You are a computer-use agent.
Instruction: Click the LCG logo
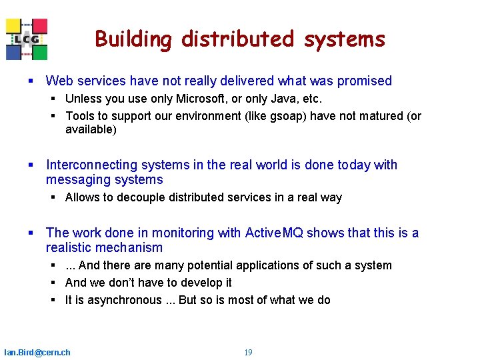coord(27,39)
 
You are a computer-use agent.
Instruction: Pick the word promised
coord(364,81)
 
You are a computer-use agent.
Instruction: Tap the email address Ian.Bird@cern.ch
coord(37,352)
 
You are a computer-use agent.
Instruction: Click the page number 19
coord(248,352)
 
